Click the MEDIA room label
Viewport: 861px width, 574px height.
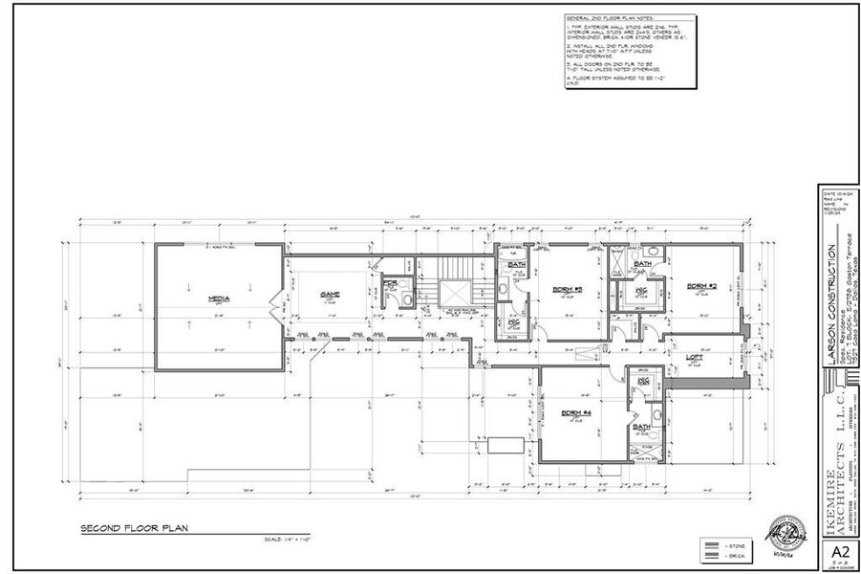tap(219, 298)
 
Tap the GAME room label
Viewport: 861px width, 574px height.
tap(330, 294)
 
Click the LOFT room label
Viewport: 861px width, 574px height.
tap(696, 358)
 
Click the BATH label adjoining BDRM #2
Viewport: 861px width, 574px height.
tap(642, 263)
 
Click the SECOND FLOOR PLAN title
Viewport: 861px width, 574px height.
tap(124, 528)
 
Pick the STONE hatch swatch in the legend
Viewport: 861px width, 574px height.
tap(711, 545)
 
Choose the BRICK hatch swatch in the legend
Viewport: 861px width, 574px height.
tap(711, 555)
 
